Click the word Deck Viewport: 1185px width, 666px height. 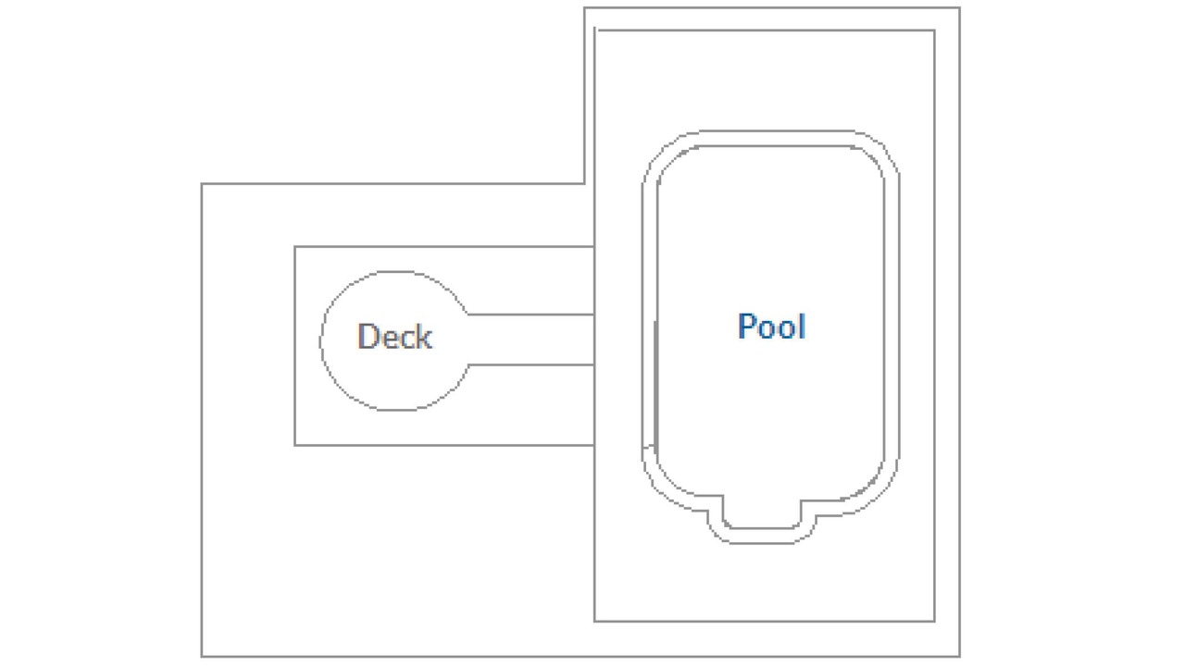click(394, 336)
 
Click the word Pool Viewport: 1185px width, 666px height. click(772, 326)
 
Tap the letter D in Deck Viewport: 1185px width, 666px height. click(368, 336)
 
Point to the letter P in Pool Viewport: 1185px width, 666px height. click(746, 326)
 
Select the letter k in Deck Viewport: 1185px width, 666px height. click(425, 336)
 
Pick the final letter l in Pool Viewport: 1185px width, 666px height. click(803, 326)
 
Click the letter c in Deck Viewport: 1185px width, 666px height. click(407, 339)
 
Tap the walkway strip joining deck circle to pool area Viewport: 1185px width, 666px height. click(530, 339)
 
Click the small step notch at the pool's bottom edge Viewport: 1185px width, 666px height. click(762, 521)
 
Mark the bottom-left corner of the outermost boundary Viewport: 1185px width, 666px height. click(202, 657)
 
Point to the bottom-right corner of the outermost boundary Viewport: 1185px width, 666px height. click(960, 657)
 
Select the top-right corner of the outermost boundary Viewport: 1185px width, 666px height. click(960, 8)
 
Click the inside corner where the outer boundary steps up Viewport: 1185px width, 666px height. click(584, 184)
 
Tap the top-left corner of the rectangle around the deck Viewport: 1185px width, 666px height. click(295, 247)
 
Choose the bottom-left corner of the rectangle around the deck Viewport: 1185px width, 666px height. click(295, 445)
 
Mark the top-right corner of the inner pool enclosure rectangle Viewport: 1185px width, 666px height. click(934, 31)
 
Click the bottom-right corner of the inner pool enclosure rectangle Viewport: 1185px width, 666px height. click(934, 621)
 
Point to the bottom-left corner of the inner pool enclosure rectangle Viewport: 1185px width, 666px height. click(594, 621)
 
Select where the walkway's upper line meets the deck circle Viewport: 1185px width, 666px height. click(468, 314)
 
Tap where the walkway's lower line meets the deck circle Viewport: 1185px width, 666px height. click(468, 364)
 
